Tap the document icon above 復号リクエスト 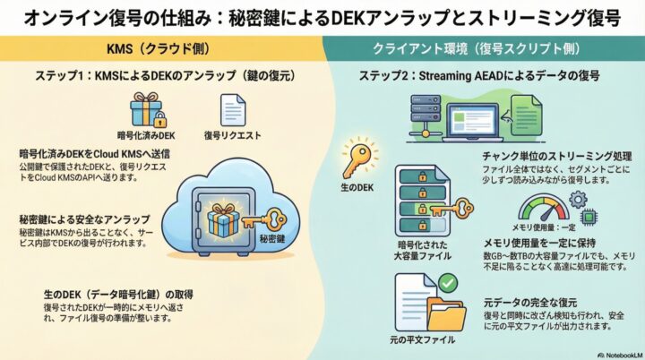click(x=232, y=111)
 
